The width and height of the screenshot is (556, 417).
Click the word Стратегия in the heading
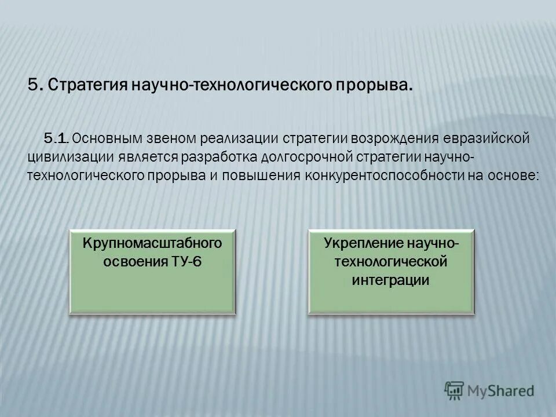[87, 85]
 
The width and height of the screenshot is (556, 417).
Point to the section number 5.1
[57, 139]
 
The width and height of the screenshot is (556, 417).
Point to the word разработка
[219, 157]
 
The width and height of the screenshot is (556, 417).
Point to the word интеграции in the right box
[391, 280]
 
